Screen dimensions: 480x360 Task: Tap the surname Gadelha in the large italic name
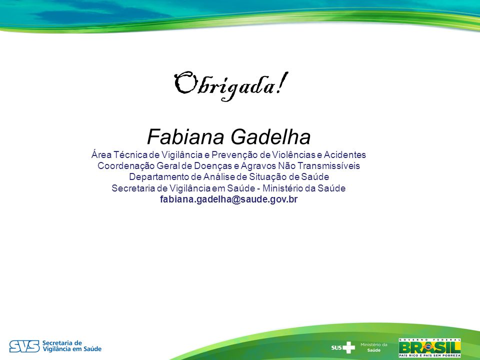(x=270, y=136)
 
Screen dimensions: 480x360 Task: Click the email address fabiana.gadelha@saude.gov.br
(x=228, y=199)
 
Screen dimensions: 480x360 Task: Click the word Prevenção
(x=234, y=155)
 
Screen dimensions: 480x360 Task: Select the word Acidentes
(x=344, y=155)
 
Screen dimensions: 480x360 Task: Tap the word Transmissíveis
(x=329, y=166)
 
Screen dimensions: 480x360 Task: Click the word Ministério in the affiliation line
(x=284, y=188)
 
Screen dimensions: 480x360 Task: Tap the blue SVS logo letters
(x=24, y=346)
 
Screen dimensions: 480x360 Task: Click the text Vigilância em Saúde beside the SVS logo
(x=72, y=349)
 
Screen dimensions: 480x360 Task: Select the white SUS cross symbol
(x=348, y=347)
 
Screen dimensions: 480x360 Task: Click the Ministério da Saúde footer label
(x=374, y=347)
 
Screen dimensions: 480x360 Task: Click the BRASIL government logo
(x=430, y=348)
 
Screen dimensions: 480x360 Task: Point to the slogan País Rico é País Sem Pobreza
(x=430, y=355)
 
